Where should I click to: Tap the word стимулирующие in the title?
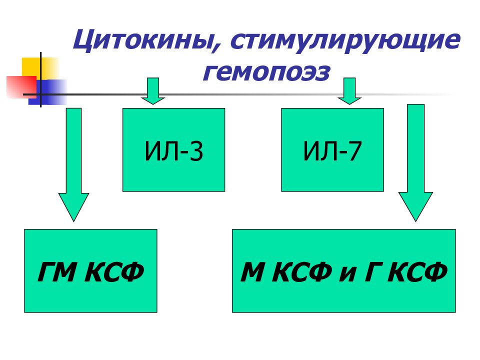345,41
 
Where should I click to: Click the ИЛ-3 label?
173,151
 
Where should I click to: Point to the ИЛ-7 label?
332,151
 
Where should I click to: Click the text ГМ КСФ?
90,272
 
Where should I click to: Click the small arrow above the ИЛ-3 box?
153,91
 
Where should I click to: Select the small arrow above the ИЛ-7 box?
349,91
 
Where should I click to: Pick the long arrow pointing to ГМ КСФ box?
74,164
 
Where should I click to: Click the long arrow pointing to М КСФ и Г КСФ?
415,162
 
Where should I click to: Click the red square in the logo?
21,87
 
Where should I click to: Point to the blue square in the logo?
48,92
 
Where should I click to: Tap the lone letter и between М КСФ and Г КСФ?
348,274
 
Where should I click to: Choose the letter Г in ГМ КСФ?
46,272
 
